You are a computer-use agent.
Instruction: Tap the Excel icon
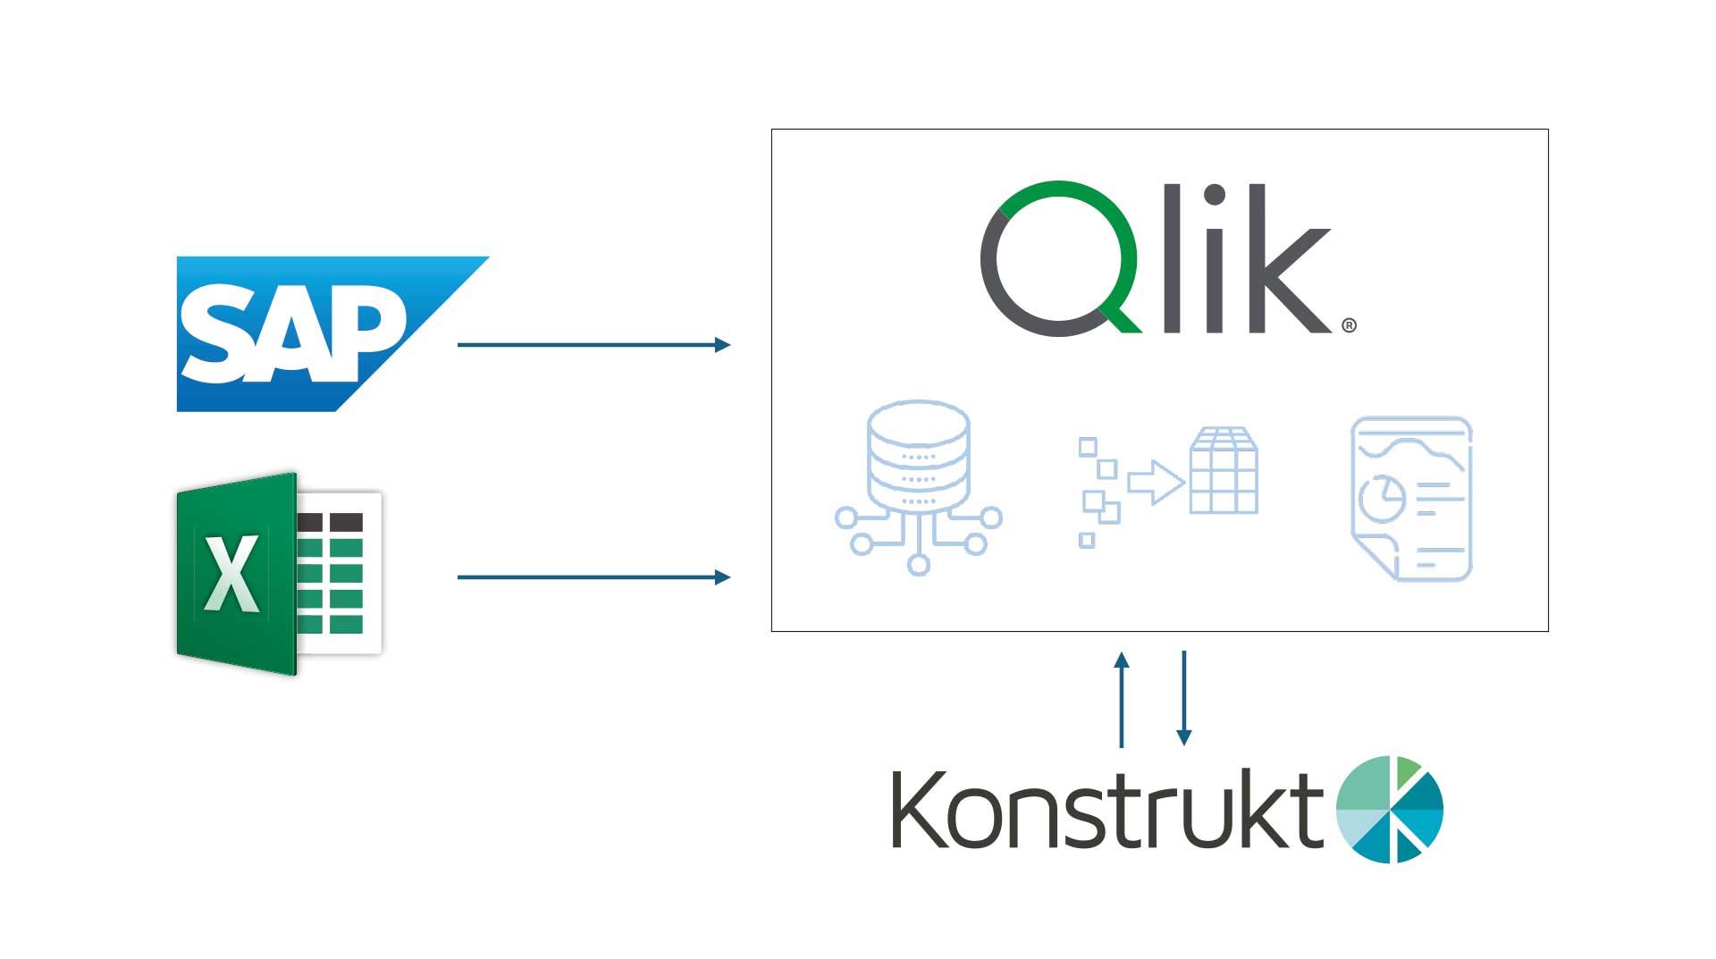click(x=279, y=573)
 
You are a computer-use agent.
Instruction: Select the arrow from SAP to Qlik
click(x=593, y=345)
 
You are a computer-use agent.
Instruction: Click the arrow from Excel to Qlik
click(x=593, y=577)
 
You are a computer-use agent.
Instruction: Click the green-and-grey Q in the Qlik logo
click(x=1059, y=259)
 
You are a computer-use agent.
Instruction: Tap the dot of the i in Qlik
click(x=1215, y=195)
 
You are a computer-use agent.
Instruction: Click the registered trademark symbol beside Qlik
click(x=1349, y=325)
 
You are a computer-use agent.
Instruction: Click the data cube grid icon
click(x=1224, y=471)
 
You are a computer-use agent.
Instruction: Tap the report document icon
click(x=1411, y=499)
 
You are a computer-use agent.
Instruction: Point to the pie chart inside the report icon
click(x=1382, y=499)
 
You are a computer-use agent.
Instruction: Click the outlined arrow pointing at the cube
click(x=1156, y=483)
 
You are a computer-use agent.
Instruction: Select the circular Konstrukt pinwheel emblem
click(x=1390, y=810)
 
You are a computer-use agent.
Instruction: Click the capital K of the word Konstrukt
click(x=920, y=810)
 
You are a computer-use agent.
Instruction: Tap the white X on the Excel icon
click(x=232, y=574)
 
